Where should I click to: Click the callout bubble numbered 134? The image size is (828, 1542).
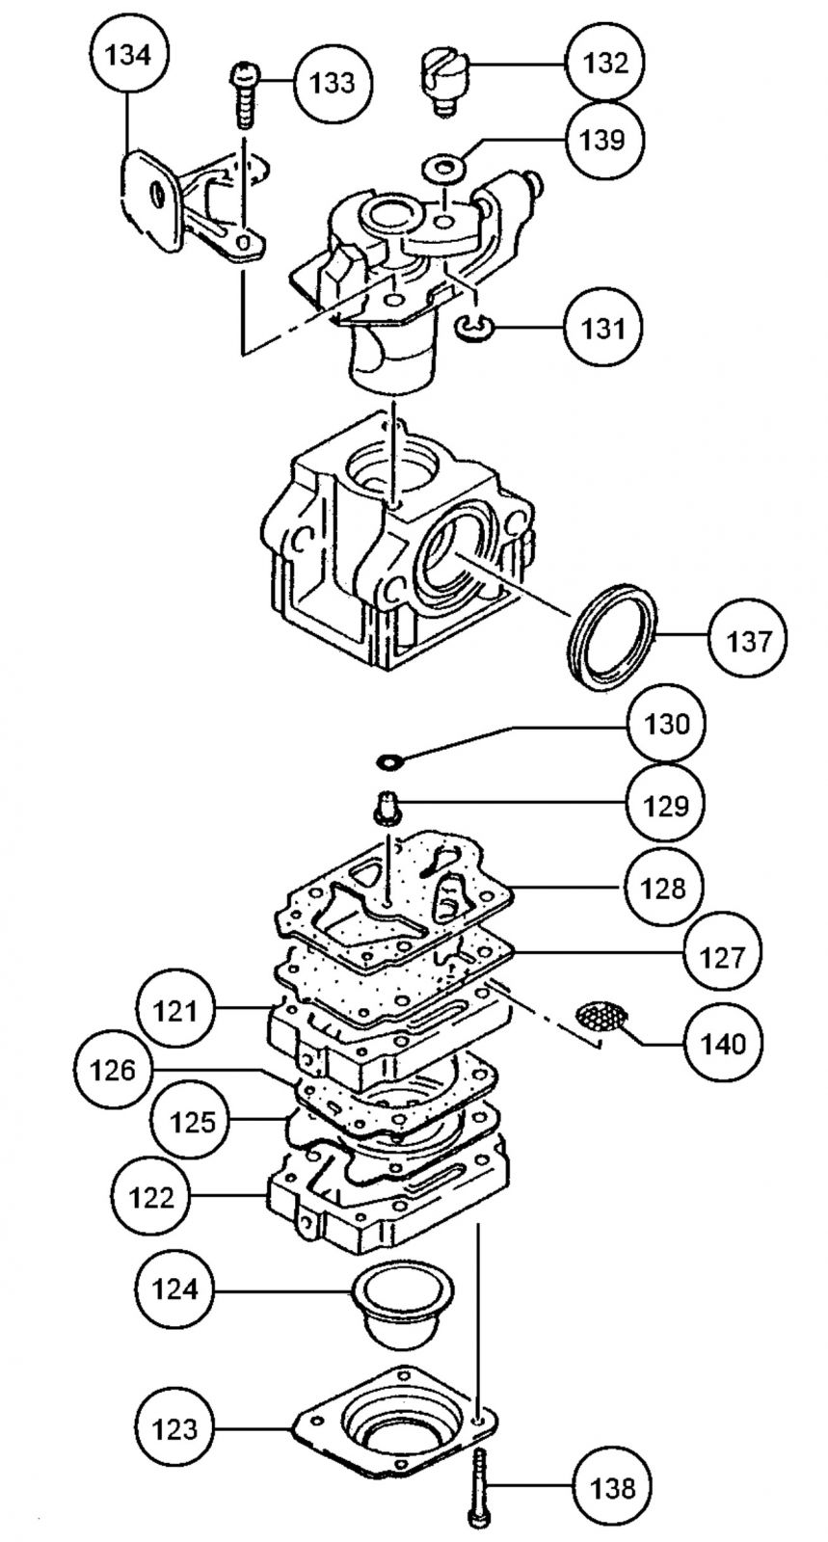click(x=127, y=55)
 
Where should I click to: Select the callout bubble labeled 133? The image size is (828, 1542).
click(x=332, y=83)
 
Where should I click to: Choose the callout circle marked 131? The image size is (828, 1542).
click(x=603, y=329)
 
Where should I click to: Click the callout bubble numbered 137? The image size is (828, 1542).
click(x=749, y=639)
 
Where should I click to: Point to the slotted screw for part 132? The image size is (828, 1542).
click(x=442, y=80)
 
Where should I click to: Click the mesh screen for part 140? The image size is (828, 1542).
click(x=601, y=1017)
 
